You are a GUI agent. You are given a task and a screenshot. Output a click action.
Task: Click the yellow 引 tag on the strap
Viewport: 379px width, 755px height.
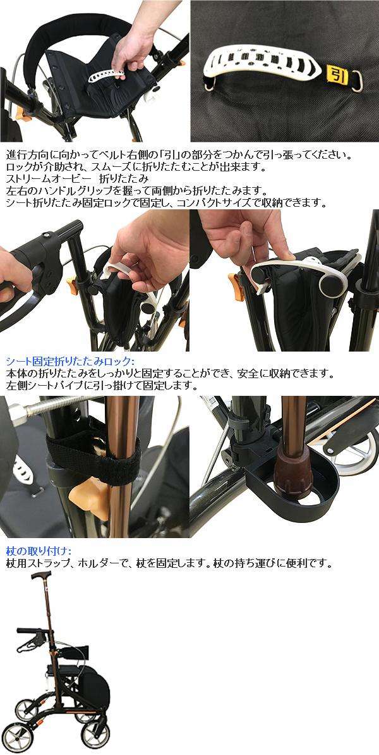pos(337,75)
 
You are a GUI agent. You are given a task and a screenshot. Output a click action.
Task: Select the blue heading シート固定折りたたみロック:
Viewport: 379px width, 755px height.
pos(70,361)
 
